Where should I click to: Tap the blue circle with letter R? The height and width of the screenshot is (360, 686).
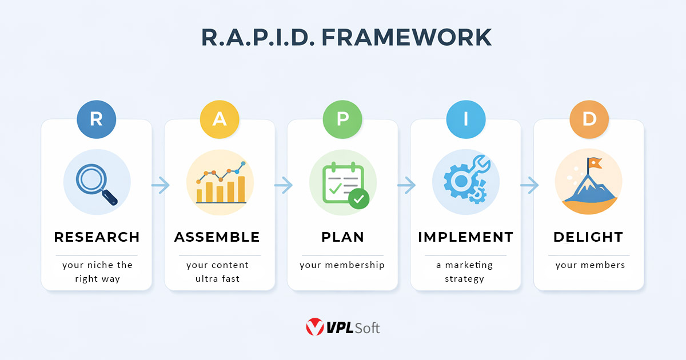[97, 119]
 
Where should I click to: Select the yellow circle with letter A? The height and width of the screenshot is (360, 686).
[220, 119]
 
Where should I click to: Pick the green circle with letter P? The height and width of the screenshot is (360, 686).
[342, 119]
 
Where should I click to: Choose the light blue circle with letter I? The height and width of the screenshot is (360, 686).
[466, 119]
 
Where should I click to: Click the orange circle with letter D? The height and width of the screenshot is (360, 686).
[589, 119]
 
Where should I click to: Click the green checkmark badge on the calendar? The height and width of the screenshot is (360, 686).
[359, 199]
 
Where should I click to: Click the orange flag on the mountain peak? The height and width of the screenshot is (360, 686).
[595, 163]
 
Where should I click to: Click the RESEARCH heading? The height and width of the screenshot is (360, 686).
[97, 237]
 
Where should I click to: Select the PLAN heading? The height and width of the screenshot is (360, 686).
[342, 237]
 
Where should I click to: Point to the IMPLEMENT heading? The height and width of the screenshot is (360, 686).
[466, 237]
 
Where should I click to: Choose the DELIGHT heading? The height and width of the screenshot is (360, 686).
[588, 237]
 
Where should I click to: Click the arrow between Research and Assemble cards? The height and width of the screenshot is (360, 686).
[161, 185]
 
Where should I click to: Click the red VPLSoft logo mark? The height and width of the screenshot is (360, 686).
[315, 327]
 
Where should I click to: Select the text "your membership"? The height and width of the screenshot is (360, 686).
[342, 265]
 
